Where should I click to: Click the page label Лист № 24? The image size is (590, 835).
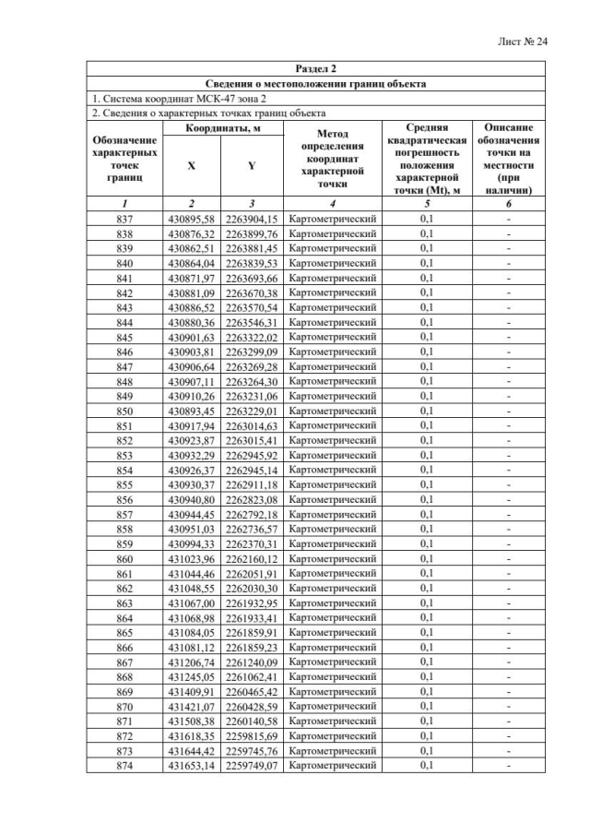coord(522,42)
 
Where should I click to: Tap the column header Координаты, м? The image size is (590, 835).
coord(220,129)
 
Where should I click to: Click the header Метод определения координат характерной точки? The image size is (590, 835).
coord(332,159)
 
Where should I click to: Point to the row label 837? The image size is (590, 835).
coord(125,219)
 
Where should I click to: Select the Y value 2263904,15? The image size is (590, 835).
coord(251,219)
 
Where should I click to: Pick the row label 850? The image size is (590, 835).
coord(125,411)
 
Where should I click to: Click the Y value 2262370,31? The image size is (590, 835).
coord(251,543)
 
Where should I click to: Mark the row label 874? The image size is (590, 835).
coord(125,765)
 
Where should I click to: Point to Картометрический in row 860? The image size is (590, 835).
coord(332,558)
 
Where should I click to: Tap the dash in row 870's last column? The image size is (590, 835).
coord(508,706)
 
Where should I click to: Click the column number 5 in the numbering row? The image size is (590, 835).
coord(426,201)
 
